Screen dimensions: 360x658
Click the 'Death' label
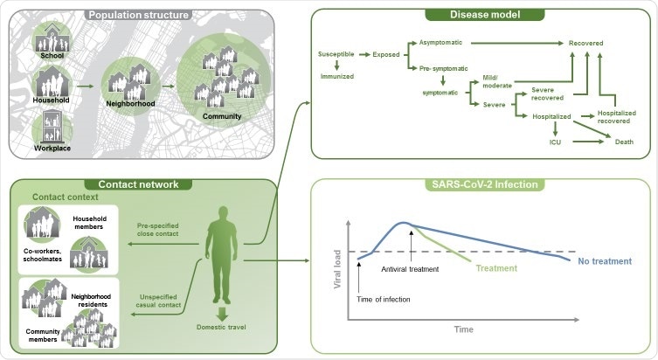624,141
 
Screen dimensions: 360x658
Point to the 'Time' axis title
462,329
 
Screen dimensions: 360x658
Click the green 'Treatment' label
496,268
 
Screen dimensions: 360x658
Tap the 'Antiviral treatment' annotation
410,268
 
